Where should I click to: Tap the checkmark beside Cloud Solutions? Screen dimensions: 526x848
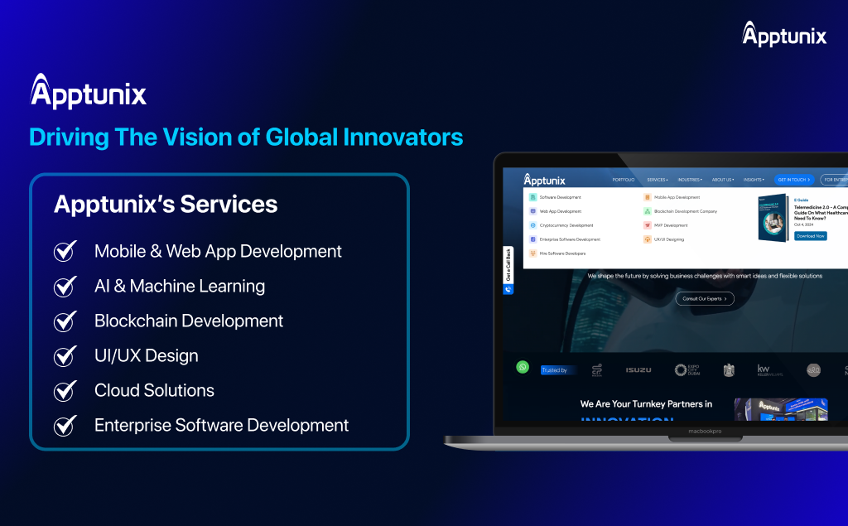[x=65, y=391]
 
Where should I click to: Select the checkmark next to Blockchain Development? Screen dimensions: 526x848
[x=65, y=321]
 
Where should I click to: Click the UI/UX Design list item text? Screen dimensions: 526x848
[x=146, y=356]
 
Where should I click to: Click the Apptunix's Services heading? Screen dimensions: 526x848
[x=166, y=204]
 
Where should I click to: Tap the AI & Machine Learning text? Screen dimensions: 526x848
[x=179, y=287]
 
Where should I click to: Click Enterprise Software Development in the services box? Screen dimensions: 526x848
[x=221, y=426]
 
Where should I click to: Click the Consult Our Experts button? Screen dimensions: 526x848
[x=704, y=298]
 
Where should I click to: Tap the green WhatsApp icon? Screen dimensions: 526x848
[x=523, y=367]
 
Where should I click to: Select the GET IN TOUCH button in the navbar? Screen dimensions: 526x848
[x=793, y=180]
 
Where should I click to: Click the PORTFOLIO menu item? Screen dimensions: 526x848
[x=624, y=180]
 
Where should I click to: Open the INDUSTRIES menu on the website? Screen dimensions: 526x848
[x=689, y=180]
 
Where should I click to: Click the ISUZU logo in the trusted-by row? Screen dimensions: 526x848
[x=638, y=369]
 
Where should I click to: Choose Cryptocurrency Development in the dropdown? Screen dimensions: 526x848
[x=566, y=225]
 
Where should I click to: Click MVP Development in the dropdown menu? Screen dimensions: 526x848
[x=670, y=225]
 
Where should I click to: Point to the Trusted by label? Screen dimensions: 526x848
[x=554, y=370]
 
